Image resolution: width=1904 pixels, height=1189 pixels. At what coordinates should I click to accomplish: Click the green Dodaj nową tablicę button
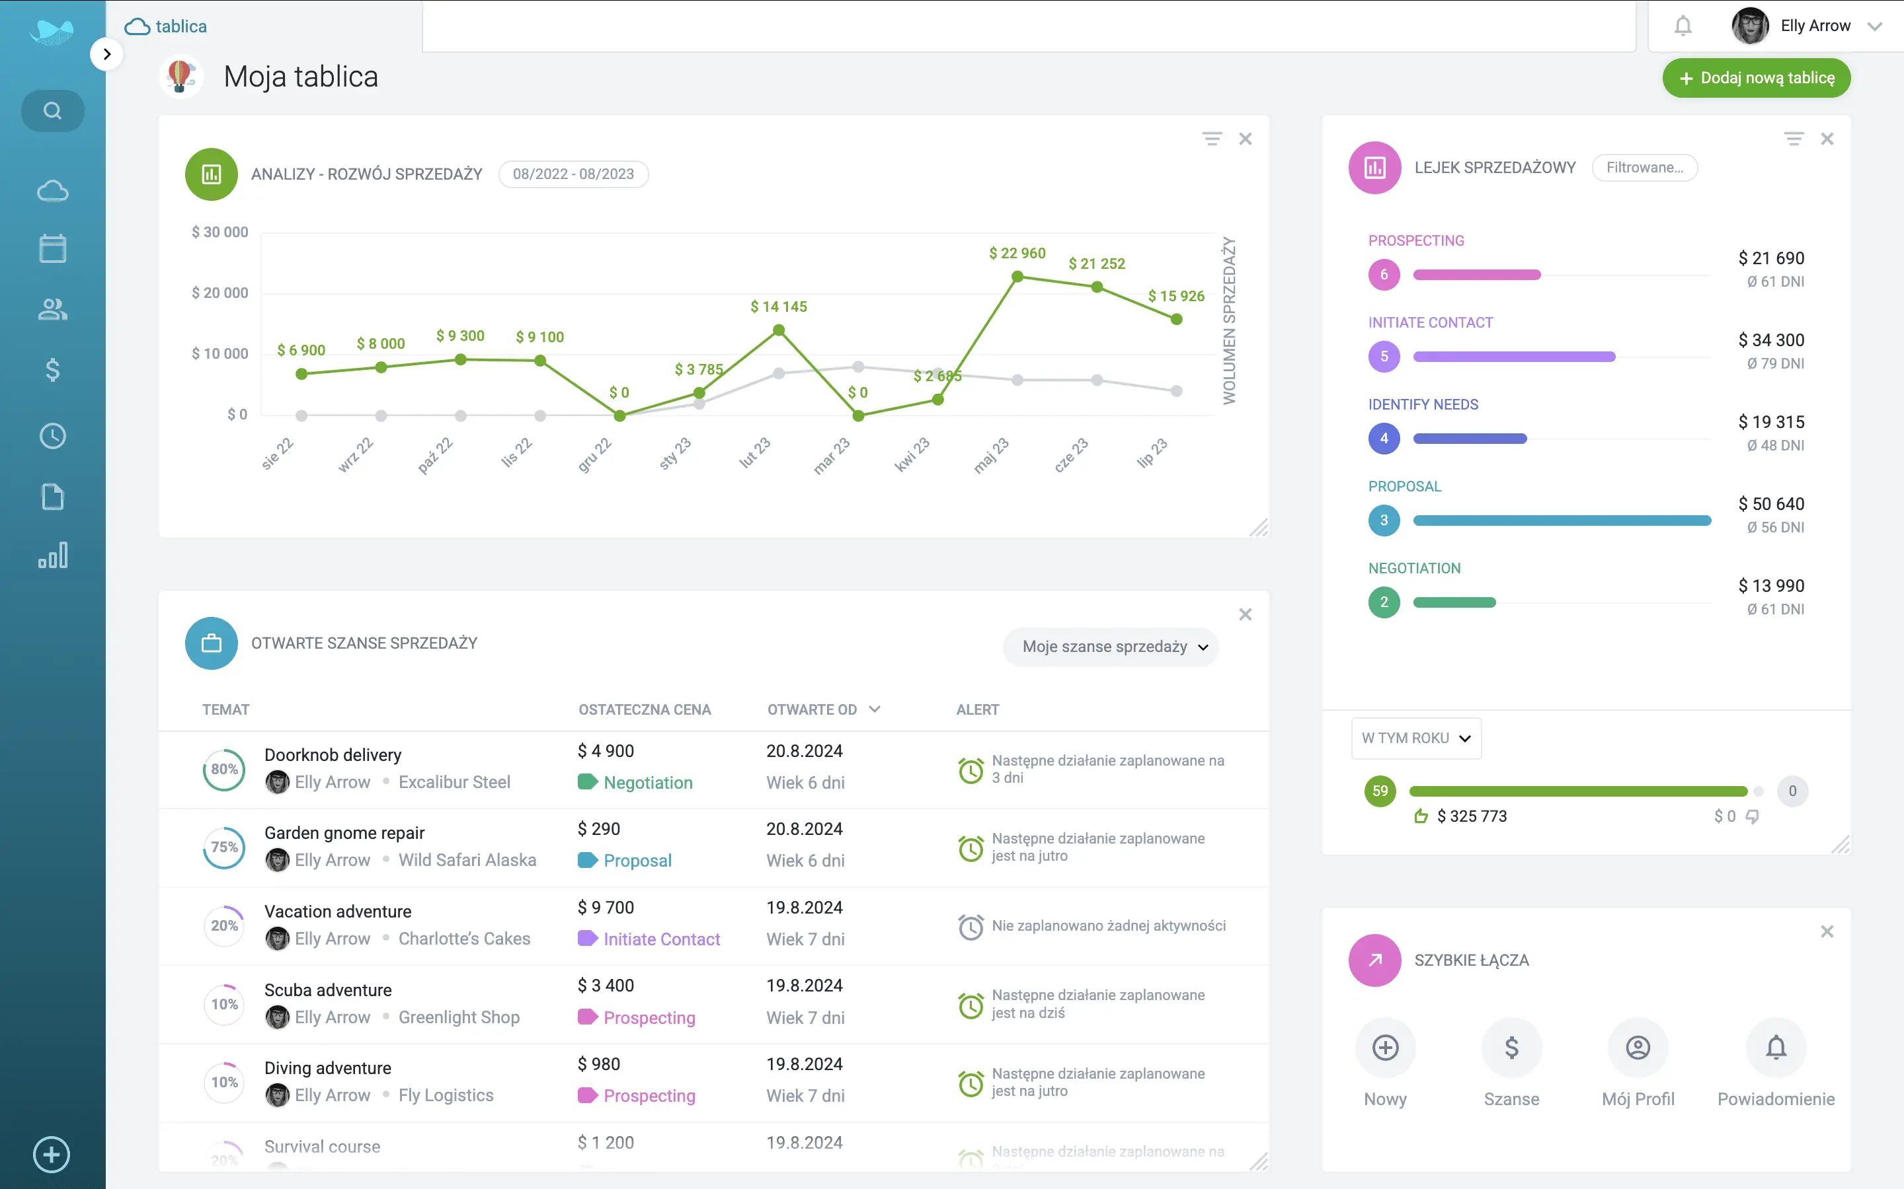1755,78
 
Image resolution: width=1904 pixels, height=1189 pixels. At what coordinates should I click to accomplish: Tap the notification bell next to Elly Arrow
1683,26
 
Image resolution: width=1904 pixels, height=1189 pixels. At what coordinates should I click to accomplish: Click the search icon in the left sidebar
53,111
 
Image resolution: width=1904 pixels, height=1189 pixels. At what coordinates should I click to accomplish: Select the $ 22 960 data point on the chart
1017,277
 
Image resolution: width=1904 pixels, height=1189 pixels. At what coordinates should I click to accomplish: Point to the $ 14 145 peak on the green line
778,330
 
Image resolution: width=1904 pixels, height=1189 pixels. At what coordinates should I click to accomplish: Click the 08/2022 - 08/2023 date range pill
574,174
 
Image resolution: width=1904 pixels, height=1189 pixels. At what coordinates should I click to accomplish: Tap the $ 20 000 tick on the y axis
219,293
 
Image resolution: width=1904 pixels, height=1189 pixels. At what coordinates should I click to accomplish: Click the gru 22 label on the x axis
595,454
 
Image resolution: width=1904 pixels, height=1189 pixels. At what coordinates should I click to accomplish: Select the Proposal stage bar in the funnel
1562,521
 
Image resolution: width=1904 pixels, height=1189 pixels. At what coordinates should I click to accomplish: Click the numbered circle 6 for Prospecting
1384,274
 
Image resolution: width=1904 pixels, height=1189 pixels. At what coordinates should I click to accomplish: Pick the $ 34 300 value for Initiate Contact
1771,340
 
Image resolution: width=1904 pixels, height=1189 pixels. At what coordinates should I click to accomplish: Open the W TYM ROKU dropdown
1416,739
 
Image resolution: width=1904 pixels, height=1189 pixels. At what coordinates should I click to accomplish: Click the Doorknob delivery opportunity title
333,755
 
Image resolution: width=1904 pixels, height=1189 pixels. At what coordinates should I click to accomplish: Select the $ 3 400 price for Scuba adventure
606,986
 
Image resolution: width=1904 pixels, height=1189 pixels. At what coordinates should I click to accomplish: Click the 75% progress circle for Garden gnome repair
224,847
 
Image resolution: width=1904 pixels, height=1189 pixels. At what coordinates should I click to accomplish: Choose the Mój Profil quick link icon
1638,1048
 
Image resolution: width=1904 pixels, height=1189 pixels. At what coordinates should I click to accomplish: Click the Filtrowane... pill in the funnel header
1644,168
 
